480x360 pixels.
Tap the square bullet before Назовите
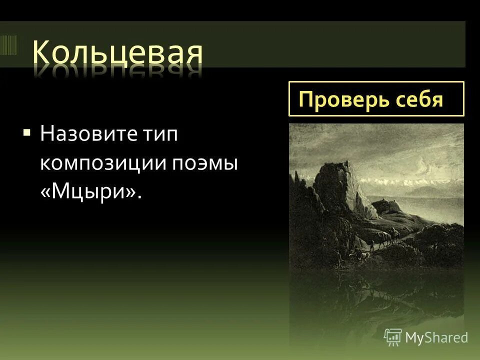(x=26, y=133)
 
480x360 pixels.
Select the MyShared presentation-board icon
(x=393, y=337)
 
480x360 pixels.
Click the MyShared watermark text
(x=436, y=337)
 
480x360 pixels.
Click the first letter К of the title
(x=44, y=52)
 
